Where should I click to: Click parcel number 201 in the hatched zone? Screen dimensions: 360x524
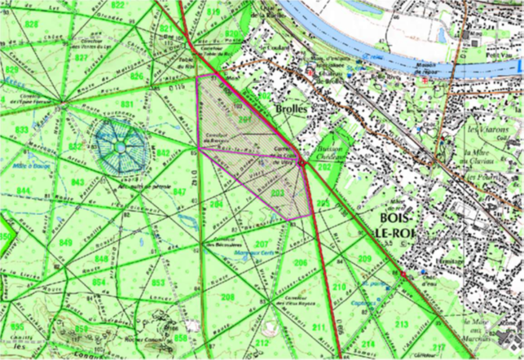coord(242,119)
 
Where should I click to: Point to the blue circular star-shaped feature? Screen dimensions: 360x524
coord(120,147)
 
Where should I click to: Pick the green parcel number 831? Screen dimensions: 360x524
coord(127,105)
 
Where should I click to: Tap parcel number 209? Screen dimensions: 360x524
coord(363,259)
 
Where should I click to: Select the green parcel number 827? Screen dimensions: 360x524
coord(81,59)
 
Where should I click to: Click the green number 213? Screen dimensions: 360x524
coord(400,324)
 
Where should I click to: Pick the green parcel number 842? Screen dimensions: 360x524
coord(163,153)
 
